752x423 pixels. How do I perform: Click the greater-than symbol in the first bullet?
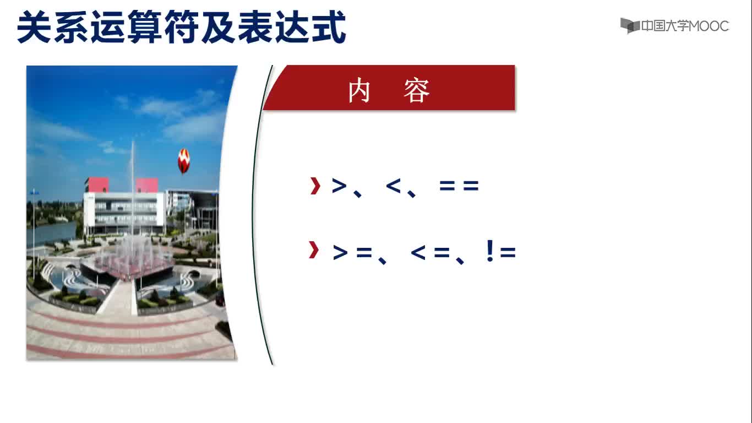click(x=339, y=186)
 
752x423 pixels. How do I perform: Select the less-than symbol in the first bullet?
click(x=394, y=186)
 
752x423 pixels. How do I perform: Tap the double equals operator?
click(x=459, y=186)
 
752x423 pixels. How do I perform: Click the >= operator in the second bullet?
click(x=352, y=252)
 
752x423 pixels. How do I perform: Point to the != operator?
click(x=501, y=251)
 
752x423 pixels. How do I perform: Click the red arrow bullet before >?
click(x=315, y=186)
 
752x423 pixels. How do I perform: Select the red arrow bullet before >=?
click(x=314, y=250)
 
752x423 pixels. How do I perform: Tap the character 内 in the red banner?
click(x=359, y=90)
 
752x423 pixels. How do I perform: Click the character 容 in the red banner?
click(x=417, y=90)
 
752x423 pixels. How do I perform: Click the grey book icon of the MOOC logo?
click(x=630, y=26)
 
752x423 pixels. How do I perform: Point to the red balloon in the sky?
click(x=184, y=161)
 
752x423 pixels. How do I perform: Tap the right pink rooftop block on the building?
click(x=147, y=186)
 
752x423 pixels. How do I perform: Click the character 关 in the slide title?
click(x=35, y=26)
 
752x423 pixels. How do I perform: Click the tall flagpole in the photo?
click(x=133, y=188)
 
